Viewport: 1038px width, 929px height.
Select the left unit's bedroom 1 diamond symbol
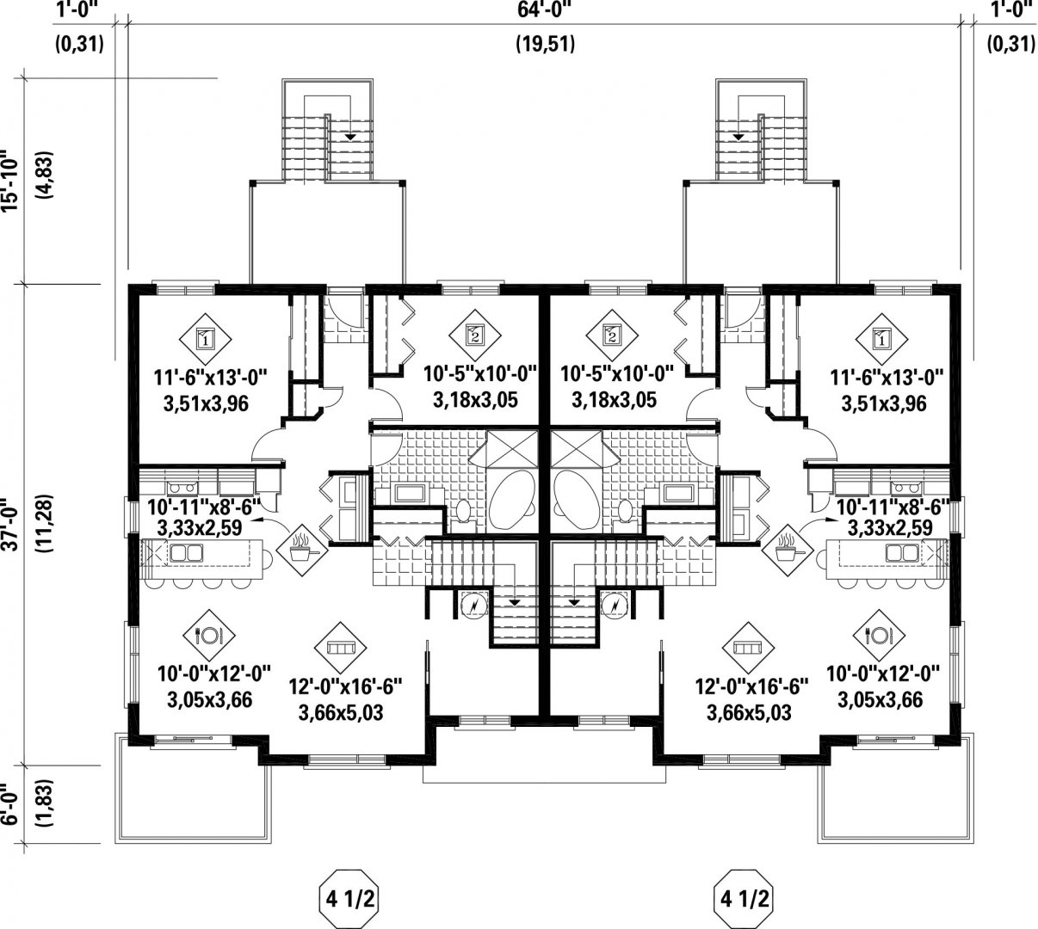(205, 339)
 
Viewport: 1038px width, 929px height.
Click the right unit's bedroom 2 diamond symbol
(612, 335)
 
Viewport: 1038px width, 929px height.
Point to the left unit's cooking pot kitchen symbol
(301, 549)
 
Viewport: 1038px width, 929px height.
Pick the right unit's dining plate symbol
(878, 635)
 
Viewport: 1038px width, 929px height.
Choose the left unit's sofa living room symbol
(340, 648)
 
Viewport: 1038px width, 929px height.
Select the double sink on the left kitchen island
(186, 553)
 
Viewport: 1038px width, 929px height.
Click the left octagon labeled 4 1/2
(349, 899)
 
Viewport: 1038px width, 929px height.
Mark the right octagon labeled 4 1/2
(744, 899)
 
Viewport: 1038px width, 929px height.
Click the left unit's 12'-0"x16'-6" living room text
(345, 686)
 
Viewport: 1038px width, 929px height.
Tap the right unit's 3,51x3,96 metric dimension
(883, 403)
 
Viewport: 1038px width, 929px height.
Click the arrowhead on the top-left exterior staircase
(350, 137)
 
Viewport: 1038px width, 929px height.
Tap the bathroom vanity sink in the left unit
(410, 494)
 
